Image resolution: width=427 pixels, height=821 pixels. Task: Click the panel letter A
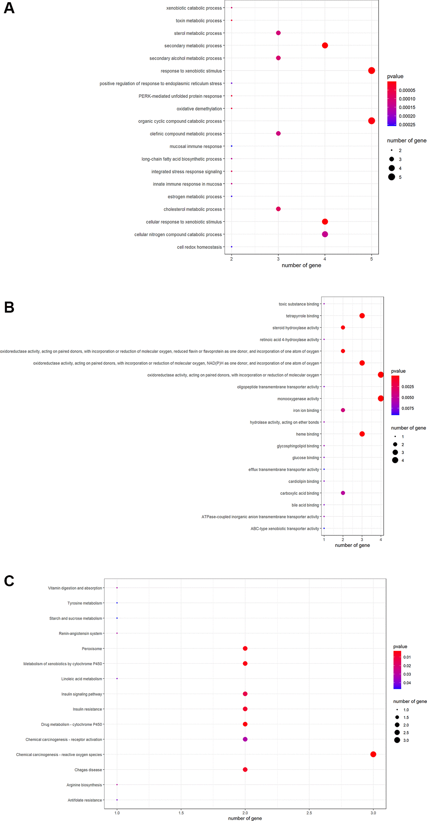click(9, 8)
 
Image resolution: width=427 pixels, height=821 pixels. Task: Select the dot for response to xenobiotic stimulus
click(371, 71)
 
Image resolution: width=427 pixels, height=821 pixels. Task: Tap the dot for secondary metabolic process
click(325, 46)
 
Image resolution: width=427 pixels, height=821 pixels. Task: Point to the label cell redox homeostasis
click(199, 247)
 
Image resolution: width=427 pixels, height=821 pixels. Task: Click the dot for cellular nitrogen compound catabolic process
click(325, 234)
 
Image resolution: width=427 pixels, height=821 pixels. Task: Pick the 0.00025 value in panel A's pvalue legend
click(407, 125)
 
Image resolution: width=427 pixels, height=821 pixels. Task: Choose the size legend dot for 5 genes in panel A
click(392, 177)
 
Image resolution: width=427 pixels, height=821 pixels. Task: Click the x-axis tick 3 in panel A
click(278, 259)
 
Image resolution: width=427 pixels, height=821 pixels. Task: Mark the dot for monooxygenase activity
click(381, 399)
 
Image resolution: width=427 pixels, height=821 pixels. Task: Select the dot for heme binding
click(362, 434)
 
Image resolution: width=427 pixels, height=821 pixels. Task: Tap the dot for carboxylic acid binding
click(343, 493)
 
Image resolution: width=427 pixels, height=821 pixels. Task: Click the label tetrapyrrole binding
click(302, 316)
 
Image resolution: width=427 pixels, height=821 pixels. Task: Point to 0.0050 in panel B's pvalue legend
click(408, 397)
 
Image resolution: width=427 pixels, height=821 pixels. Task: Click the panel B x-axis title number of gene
click(352, 545)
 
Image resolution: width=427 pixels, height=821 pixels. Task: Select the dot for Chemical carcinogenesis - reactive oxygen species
click(373, 754)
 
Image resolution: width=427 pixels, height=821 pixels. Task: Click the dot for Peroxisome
click(245, 648)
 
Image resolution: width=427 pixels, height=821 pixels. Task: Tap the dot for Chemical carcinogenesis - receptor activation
click(245, 739)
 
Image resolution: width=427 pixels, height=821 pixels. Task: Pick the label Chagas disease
click(88, 770)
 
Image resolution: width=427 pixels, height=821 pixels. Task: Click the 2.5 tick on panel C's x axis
click(309, 813)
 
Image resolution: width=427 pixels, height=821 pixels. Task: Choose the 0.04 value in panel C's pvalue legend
click(407, 683)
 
